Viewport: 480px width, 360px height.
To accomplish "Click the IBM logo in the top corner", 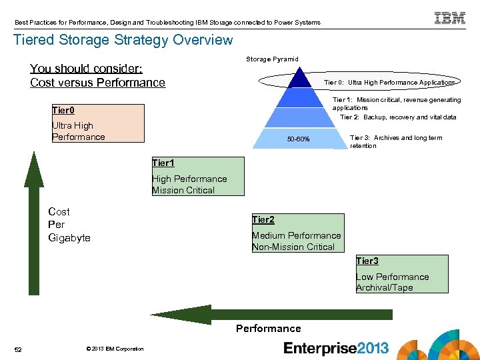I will point(450,18).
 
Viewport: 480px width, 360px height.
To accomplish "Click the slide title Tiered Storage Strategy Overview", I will point(123,40).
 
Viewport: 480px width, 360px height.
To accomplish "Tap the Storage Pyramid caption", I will point(273,59).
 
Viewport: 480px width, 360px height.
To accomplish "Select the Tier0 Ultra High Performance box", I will point(98,123).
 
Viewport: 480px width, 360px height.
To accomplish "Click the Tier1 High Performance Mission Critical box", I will point(197,177).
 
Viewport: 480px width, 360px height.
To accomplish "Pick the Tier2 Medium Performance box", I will point(297,233).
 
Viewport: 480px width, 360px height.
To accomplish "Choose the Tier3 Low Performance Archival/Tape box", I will point(401,274).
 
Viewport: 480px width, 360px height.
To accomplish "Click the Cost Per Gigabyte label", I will point(69,225).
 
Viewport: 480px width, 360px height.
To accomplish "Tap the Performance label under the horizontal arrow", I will point(268,329).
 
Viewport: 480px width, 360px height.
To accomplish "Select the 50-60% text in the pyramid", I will point(298,139).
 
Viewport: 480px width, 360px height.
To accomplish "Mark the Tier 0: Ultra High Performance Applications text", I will point(389,83).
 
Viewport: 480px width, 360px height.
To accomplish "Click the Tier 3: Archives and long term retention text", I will point(396,142).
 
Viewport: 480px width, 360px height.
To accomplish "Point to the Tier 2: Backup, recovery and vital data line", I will point(398,117).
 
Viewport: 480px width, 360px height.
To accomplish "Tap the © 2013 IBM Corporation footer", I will point(115,349).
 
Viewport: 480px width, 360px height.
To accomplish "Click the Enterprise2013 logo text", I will point(336,348).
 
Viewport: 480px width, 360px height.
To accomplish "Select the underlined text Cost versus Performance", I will point(97,83).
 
